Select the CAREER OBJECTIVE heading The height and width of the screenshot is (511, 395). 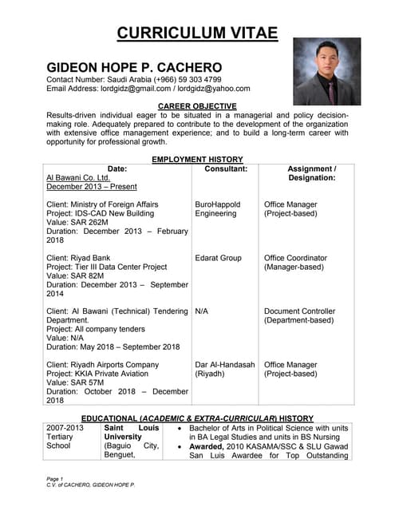(x=197, y=106)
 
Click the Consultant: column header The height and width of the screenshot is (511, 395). (x=226, y=169)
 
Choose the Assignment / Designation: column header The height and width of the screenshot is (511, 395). (x=311, y=173)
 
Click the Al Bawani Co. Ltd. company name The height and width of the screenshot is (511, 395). (x=78, y=178)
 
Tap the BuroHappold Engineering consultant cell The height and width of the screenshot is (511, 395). (x=218, y=209)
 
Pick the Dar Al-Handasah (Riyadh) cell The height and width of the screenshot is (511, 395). (x=225, y=369)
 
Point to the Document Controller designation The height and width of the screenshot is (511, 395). (x=300, y=311)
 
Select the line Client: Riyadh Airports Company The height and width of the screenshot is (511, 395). (x=103, y=365)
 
